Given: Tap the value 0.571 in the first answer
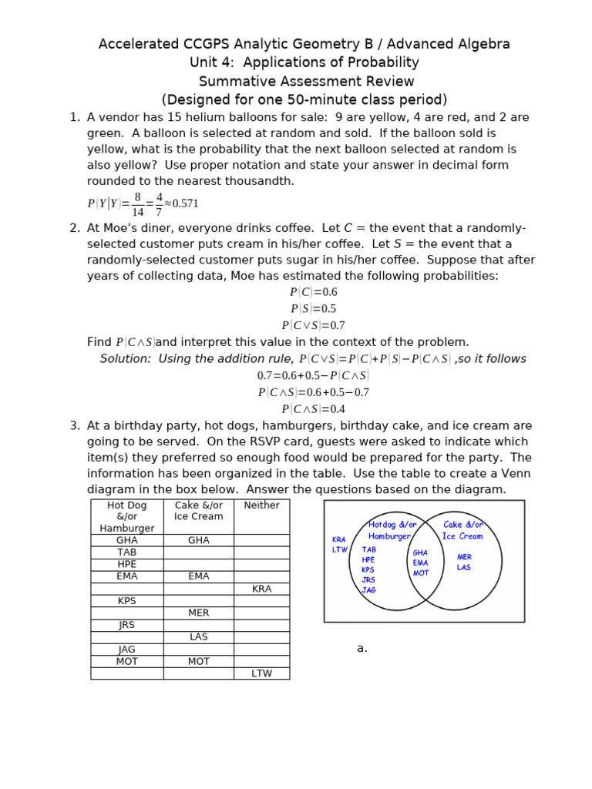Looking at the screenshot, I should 185,203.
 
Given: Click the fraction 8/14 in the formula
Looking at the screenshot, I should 137,204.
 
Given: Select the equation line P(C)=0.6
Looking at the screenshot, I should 313,292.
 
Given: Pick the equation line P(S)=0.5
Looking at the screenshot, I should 313,309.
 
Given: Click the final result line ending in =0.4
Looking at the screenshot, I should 313,409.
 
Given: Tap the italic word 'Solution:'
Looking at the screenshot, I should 126,359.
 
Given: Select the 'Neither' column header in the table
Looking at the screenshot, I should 261,505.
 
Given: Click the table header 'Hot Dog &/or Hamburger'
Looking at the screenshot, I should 126,516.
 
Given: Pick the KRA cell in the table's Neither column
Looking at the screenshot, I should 261,589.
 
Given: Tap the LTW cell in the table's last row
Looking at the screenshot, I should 261,673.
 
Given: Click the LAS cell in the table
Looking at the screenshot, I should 198,637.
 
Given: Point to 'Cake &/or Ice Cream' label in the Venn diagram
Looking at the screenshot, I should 462,530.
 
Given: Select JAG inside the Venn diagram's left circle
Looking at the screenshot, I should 368,590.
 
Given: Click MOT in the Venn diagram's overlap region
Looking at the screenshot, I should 421,573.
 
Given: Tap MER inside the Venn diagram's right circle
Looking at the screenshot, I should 464,557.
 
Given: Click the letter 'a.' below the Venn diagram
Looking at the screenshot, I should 362,649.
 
